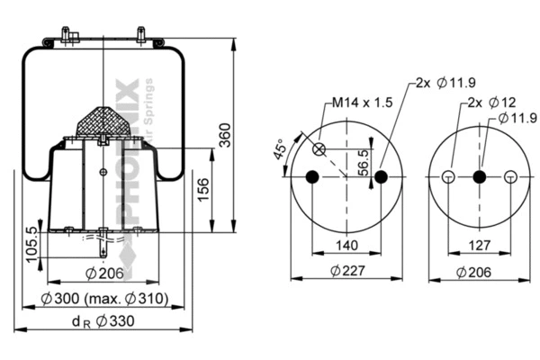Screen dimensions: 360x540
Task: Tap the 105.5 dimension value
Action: click(x=32, y=241)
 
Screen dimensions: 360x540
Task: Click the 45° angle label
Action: click(x=280, y=149)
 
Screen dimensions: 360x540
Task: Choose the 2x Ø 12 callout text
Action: click(x=484, y=103)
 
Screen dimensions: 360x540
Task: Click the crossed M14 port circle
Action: click(x=319, y=148)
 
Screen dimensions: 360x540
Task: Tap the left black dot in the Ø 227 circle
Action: click(x=312, y=176)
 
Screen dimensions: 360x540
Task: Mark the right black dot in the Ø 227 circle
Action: click(x=381, y=176)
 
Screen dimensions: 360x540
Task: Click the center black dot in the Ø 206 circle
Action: click(x=479, y=176)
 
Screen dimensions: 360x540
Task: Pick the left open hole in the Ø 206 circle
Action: click(x=447, y=176)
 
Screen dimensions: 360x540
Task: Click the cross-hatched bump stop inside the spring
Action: click(x=103, y=121)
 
